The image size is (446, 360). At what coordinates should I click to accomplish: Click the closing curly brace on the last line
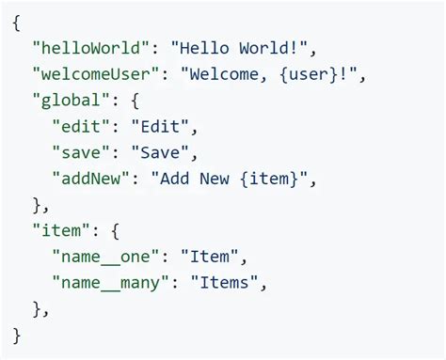[x=18, y=334]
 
